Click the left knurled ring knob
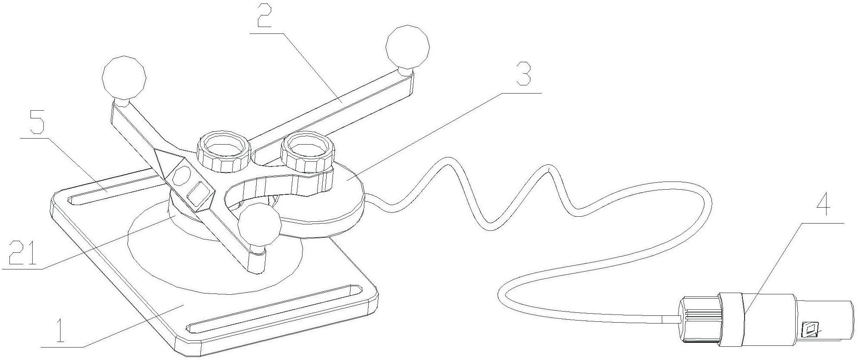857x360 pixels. coord(223,153)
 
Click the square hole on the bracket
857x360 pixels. coord(199,194)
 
